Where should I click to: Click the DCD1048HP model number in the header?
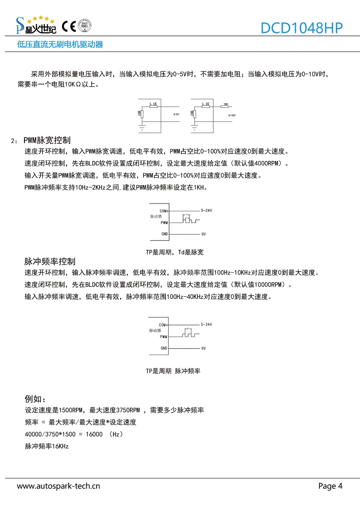coord(301,28)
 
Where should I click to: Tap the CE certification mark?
coord(69,26)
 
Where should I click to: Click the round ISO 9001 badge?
coord(85,26)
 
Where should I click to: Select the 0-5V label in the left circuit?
coord(176,114)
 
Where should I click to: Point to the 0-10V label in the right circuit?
coord(232,115)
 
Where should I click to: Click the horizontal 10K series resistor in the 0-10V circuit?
coord(226,107)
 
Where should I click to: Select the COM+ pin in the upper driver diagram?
coord(164,211)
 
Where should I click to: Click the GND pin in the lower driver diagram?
coord(164,348)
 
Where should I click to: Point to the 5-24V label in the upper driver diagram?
coord(206,211)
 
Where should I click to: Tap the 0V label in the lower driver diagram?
coord(203,348)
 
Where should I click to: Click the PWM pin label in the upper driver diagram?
coord(164,223)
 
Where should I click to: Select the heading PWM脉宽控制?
coord(47,140)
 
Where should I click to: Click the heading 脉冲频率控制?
coord(50,261)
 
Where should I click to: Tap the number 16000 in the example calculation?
coord(94,434)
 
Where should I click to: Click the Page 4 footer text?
coord(330,486)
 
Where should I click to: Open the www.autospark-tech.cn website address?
coord(58,486)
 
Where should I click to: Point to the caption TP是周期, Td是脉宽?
coord(175,252)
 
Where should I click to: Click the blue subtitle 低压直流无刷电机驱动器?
coord(60,44)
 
